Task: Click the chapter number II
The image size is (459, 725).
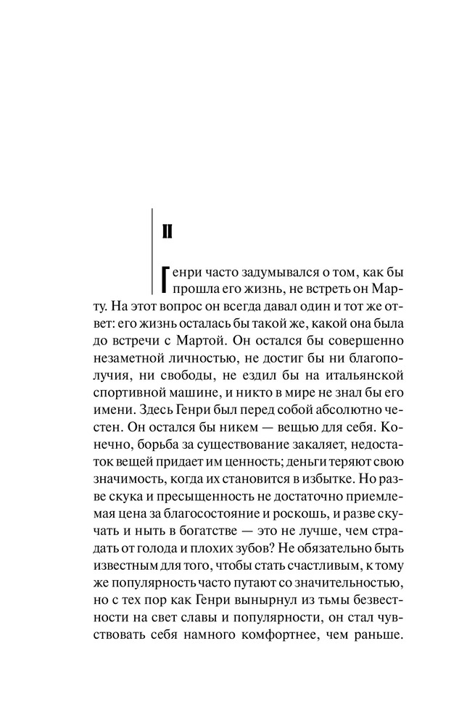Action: [x=165, y=232]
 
